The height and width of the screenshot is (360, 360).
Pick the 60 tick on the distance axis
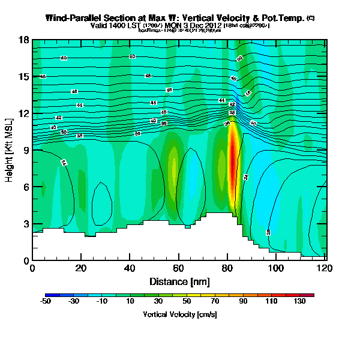[x=179, y=268]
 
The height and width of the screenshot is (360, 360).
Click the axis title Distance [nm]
[x=179, y=281]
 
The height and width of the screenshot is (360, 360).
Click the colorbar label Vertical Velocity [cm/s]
[x=179, y=314]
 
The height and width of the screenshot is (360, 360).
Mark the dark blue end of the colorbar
[x=48, y=295]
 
